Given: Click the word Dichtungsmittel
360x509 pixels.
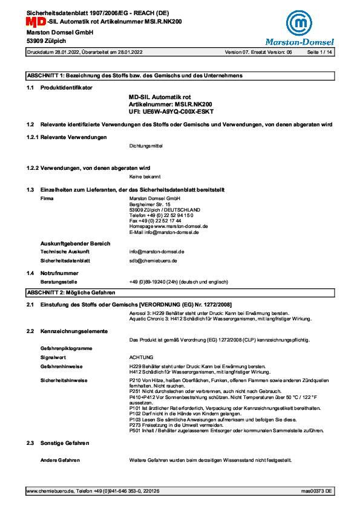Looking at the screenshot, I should (x=146, y=146).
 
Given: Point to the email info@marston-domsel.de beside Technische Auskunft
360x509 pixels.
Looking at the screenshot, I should (x=156, y=250).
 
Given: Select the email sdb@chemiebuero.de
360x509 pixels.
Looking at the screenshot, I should (x=153, y=260).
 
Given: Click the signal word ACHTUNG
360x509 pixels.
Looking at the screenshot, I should (x=142, y=357).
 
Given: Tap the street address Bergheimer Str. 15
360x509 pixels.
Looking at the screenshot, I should (x=150, y=204).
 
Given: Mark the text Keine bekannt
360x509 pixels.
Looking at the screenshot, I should (x=145, y=177).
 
